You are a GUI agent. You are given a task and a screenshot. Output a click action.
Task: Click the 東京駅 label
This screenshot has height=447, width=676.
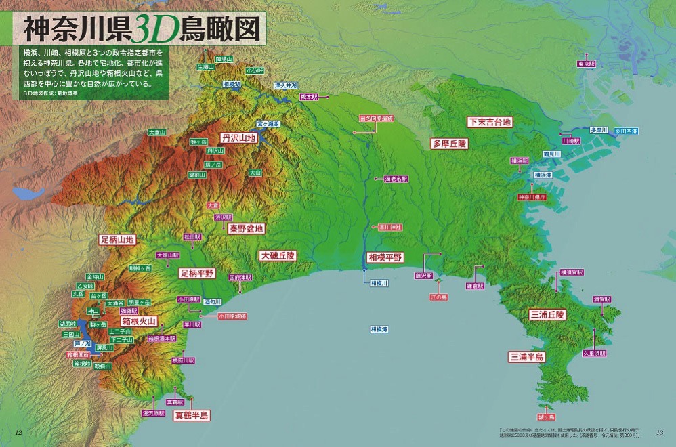point(587,64)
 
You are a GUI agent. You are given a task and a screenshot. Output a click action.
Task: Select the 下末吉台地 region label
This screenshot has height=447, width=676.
point(489,122)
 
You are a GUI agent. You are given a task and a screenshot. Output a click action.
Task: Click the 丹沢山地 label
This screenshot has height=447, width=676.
point(238,137)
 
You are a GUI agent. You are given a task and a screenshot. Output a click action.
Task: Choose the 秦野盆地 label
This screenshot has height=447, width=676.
point(245,228)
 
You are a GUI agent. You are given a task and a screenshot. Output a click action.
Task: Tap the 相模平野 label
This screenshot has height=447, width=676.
point(385,257)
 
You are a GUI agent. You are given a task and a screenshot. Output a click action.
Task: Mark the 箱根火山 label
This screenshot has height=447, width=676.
point(139,320)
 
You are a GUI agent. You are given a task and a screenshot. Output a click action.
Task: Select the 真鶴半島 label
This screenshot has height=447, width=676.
point(192,414)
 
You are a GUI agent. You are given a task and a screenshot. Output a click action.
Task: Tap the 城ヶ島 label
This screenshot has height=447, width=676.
point(546,417)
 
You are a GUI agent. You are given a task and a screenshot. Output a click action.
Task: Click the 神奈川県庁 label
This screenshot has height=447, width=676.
point(532,197)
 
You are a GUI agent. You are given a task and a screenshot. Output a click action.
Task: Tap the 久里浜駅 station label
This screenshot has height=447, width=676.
point(594,353)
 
